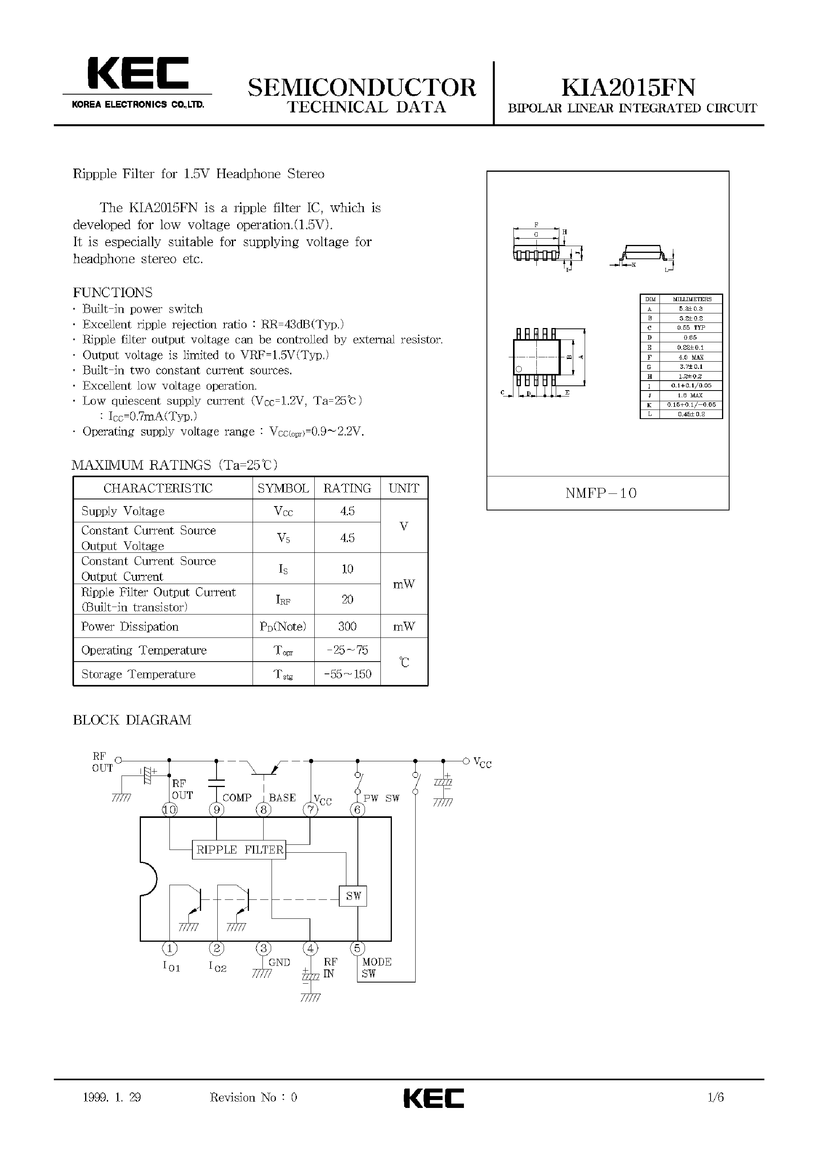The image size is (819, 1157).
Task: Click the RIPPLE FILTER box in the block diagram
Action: click(239, 850)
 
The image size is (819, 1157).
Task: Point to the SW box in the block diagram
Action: click(353, 896)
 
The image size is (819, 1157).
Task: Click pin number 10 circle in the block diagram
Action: click(169, 810)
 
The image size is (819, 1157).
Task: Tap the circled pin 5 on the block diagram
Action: click(357, 948)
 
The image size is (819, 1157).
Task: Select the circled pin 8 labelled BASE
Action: click(263, 810)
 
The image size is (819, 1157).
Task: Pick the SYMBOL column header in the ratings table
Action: click(283, 488)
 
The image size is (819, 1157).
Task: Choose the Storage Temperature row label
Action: click(138, 674)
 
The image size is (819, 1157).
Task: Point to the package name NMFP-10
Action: click(601, 493)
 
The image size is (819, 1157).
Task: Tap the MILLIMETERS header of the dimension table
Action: click(692, 299)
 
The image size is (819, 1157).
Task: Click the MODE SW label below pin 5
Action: click(376, 967)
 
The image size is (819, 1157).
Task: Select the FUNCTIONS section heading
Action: click(112, 292)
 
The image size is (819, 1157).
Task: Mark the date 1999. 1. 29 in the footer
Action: click(112, 1098)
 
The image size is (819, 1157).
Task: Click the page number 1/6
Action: click(716, 1098)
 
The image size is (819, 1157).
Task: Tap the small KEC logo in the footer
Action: click(434, 1098)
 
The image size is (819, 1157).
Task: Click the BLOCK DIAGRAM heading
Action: click(132, 720)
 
